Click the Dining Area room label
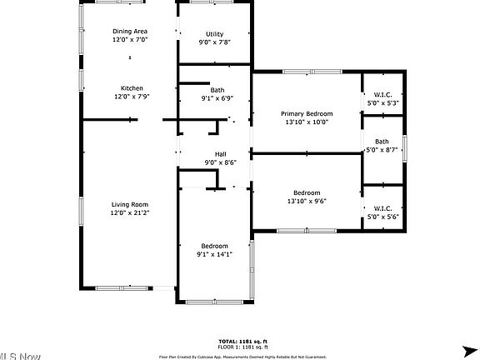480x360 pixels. (130, 32)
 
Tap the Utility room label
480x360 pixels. (215, 34)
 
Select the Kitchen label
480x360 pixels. (132, 88)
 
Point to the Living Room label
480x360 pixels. (130, 204)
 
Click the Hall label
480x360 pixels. (220, 154)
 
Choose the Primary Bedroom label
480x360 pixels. (307, 113)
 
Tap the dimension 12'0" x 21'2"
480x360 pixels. (130, 213)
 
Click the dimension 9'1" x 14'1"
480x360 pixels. (214, 254)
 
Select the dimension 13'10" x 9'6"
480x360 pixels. (307, 201)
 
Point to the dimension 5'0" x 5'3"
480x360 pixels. (382, 103)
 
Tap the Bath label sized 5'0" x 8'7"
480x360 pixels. (382, 142)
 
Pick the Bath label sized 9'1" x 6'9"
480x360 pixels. (217, 90)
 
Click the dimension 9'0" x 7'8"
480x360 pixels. (215, 42)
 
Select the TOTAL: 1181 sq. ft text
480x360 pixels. (243, 342)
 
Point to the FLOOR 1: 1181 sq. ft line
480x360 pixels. (243, 347)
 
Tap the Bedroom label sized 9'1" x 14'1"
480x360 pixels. (214, 245)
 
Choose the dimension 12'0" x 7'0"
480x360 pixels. (130, 40)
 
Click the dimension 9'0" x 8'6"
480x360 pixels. (220, 162)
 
